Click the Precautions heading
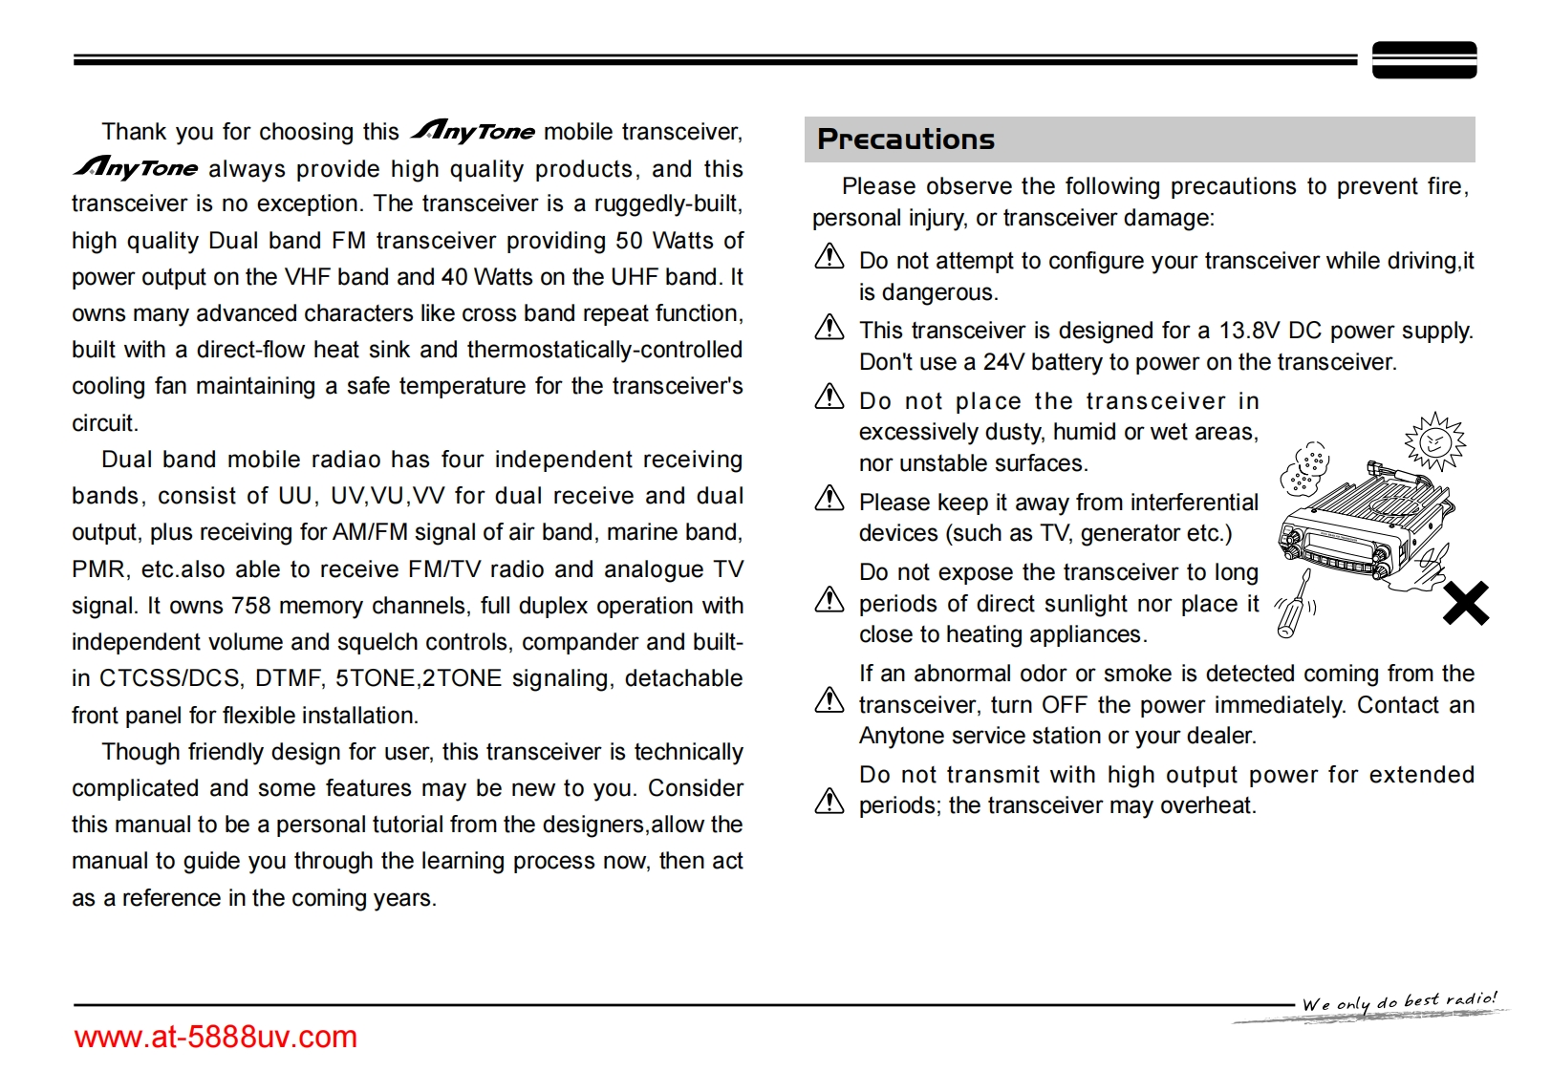point(905,139)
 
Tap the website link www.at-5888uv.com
point(215,1037)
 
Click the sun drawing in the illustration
point(1433,441)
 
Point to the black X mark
point(1465,602)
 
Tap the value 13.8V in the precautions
point(1248,331)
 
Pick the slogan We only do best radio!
point(1399,1002)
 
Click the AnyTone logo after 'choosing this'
point(473,131)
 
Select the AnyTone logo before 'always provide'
point(136,168)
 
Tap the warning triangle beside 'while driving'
point(829,257)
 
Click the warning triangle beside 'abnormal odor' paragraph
point(829,701)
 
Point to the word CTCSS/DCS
point(170,678)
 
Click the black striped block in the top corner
point(1424,60)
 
